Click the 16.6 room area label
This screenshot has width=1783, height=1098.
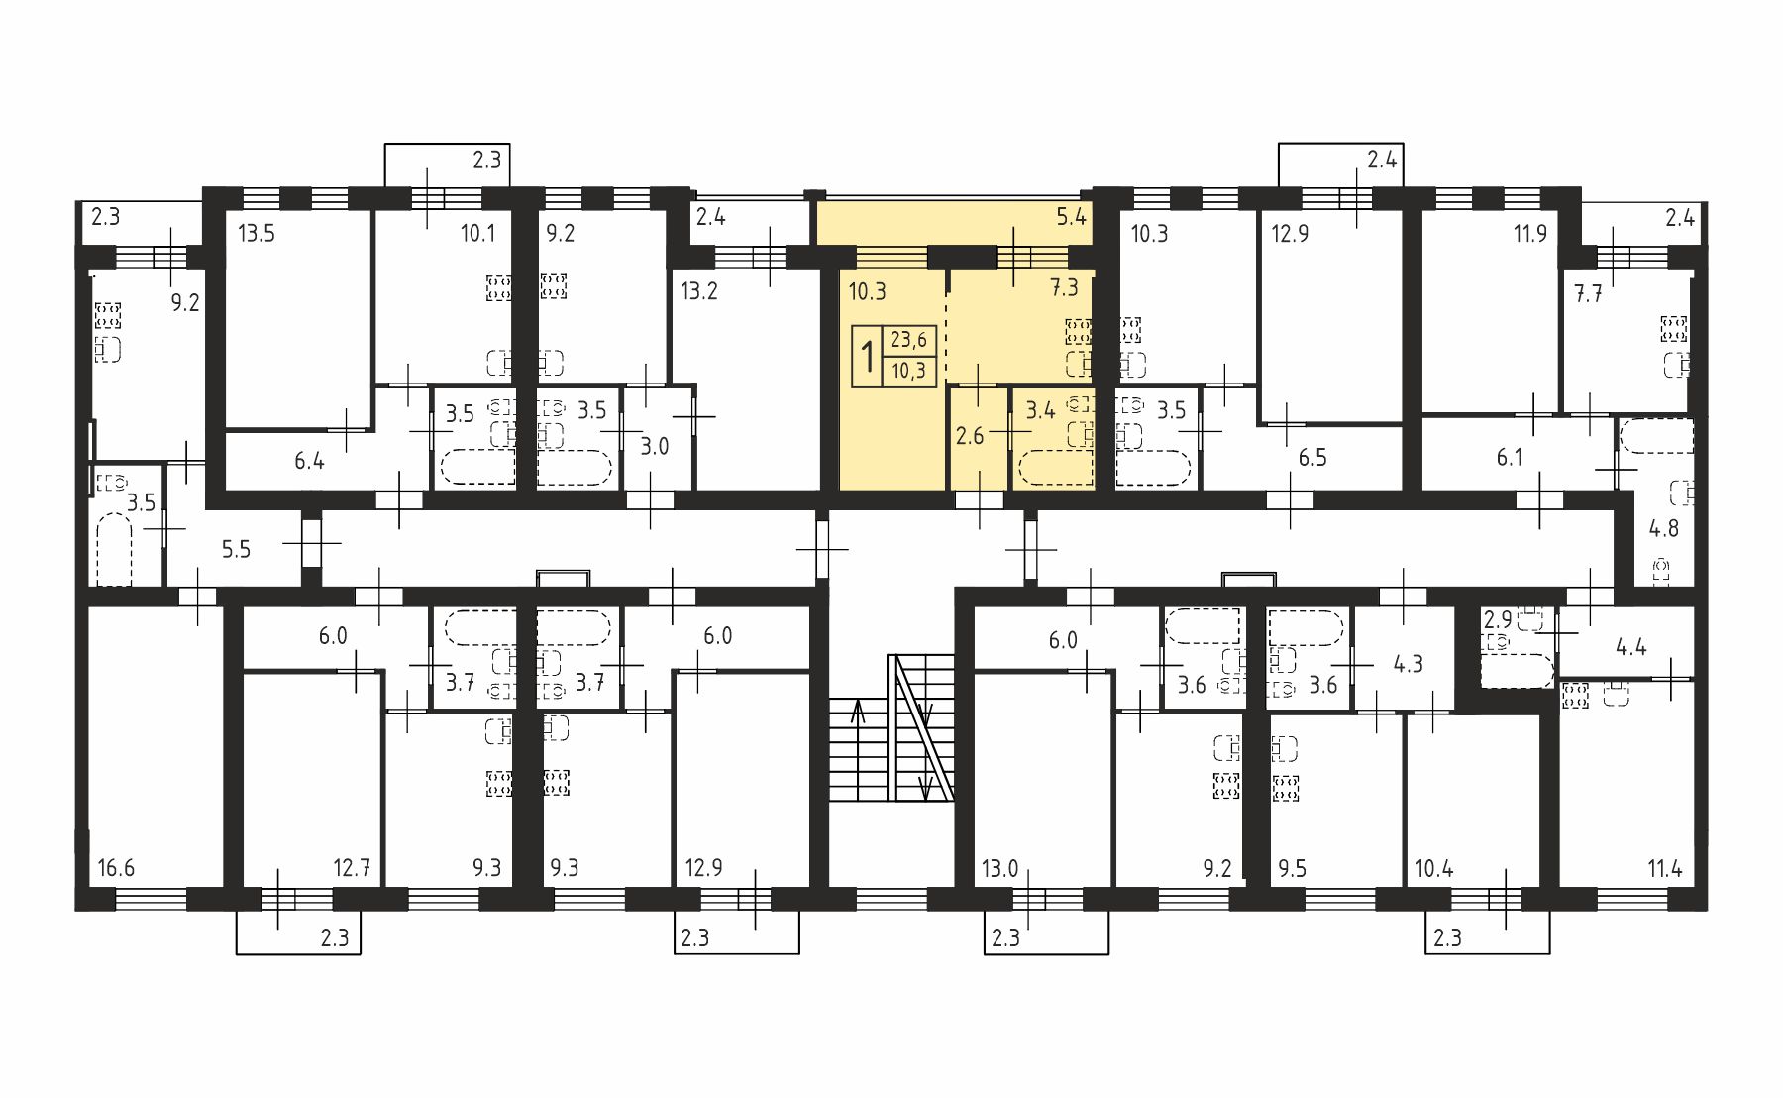(x=116, y=869)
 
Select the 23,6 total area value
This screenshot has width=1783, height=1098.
(x=908, y=340)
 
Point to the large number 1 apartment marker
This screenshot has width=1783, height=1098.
(x=868, y=356)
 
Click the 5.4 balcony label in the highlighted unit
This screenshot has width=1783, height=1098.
(x=1072, y=216)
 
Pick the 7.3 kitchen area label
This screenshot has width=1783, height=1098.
(x=1064, y=287)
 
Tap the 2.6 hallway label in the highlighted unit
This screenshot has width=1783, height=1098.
(x=970, y=435)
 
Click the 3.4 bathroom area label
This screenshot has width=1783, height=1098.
(x=1040, y=410)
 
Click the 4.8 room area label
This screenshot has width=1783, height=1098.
(x=1664, y=528)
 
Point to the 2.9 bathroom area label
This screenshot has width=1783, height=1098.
(x=1498, y=620)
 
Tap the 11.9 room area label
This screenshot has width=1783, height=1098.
(x=1530, y=235)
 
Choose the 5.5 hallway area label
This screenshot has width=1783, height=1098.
(x=236, y=549)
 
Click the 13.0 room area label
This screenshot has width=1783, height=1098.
(x=999, y=869)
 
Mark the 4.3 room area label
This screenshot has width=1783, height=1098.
(x=1408, y=663)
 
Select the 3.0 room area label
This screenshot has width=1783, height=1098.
(x=654, y=446)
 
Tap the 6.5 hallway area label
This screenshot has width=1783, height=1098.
(x=1312, y=458)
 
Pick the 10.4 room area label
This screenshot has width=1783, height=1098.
(x=1433, y=869)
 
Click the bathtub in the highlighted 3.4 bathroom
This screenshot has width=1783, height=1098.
(x=1055, y=468)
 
